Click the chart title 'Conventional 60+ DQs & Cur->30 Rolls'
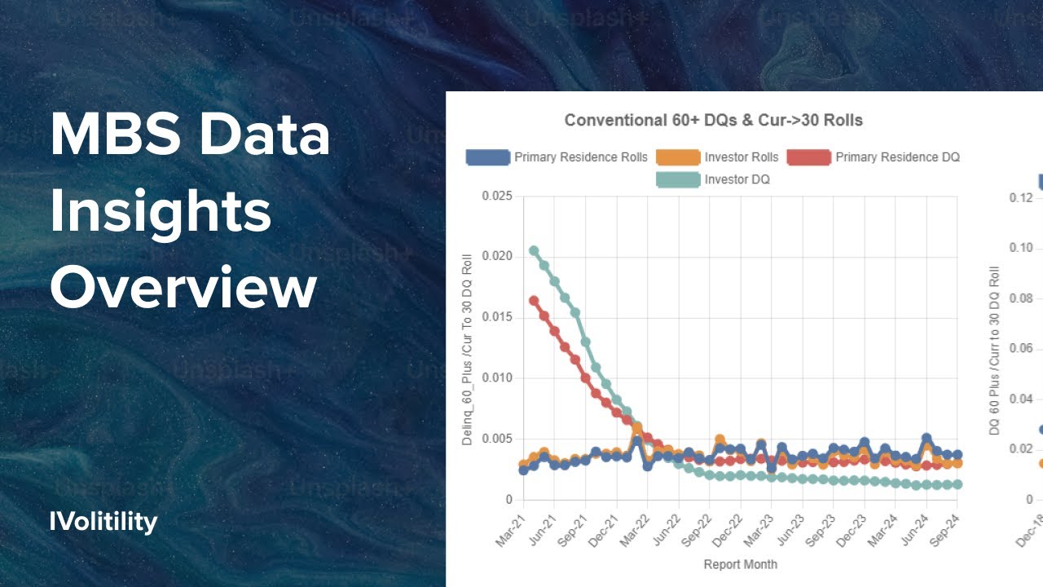[713, 121]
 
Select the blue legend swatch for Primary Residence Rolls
[487, 157]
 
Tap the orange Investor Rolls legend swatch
[678, 157]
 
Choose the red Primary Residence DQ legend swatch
[808, 157]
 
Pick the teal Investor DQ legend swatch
[678, 179]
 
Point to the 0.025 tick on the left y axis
[497, 196]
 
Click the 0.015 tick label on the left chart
[497, 317]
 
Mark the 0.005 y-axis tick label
[497, 439]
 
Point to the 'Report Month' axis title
[740, 564]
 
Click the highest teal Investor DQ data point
[534, 250]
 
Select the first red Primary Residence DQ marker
[534, 301]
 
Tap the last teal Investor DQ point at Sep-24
[957, 484]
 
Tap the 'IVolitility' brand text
[103, 522]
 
